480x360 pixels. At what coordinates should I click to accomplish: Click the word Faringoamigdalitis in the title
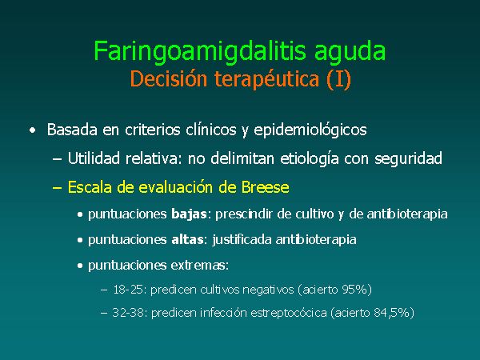pyautogui.click(x=200, y=51)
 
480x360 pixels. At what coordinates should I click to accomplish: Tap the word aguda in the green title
pyautogui.click(x=350, y=51)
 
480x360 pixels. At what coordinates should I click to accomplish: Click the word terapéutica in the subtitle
pyautogui.click(x=266, y=79)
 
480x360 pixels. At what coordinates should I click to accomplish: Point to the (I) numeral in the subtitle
pyautogui.click(x=338, y=79)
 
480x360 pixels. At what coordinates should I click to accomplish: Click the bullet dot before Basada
pyautogui.click(x=32, y=130)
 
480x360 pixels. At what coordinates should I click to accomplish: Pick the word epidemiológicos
pyautogui.click(x=310, y=130)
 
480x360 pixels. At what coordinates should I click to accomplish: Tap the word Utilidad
pyautogui.click(x=94, y=158)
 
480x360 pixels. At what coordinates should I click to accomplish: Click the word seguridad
pyautogui.click(x=408, y=159)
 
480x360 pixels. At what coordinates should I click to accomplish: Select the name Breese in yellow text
pyautogui.click(x=265, y=187)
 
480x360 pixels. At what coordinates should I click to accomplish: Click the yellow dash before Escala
pyautogui.click(x=58, y=187)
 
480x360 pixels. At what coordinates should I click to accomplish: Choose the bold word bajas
pyautogui.click(x=189, y=214)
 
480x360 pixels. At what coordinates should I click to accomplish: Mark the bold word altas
pyautogui.click(x=187, y=239)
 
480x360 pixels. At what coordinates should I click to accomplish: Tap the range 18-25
pyautogui.click(x=128, y=290)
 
